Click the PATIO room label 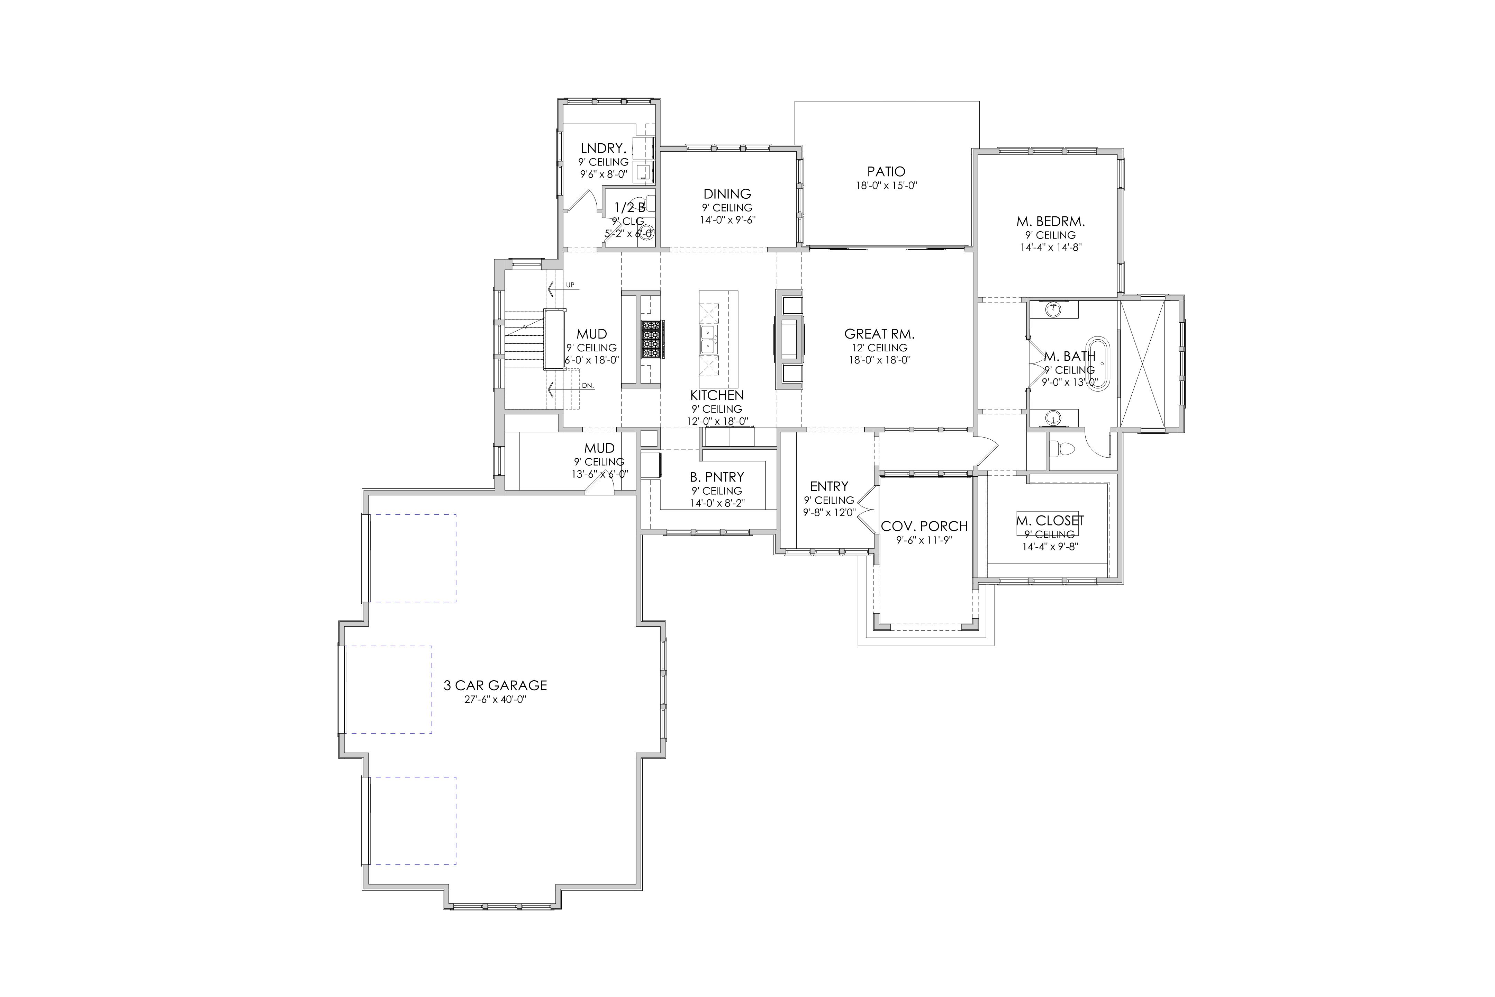coord(886,172)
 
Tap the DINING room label coord(727,194)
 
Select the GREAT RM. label coord(879,334)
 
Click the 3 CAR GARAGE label coord(495,685)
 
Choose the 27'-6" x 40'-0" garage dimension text coord(495,699)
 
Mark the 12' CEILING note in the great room coord(880,348)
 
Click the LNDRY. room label coord(603,149)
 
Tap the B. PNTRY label coord(717,477)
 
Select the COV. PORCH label coord(924,527)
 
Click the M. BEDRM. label coord(1050,222)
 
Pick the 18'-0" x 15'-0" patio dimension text coord(887,186)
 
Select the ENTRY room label coord(829,486)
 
